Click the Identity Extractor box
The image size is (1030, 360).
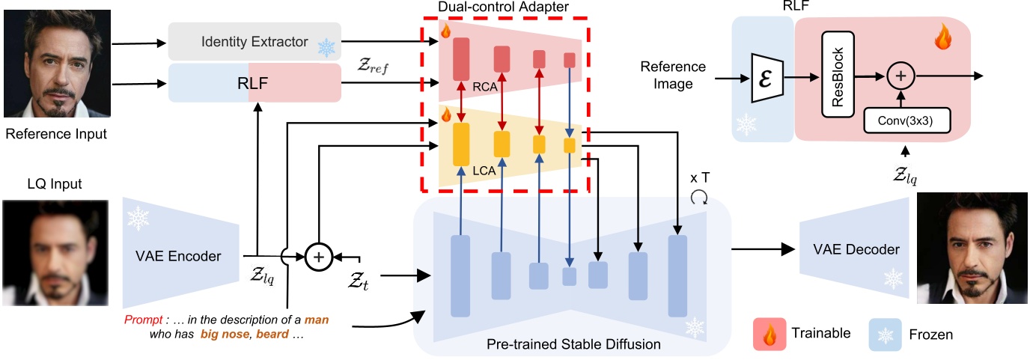pos(255,42)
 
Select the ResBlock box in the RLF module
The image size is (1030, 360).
pos(838,74)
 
